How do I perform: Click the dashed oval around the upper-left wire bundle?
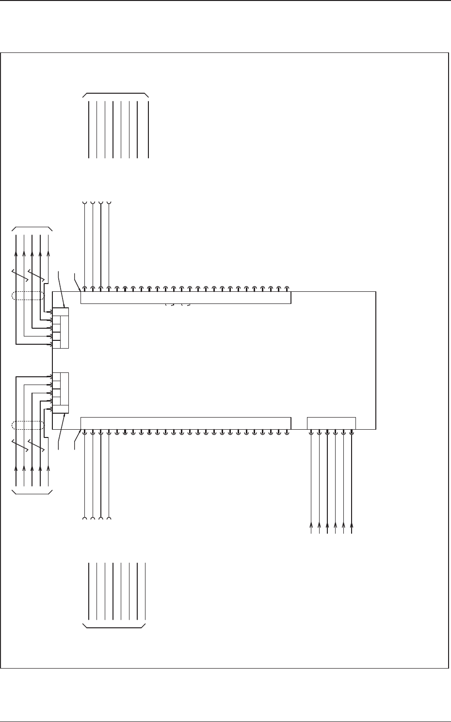(x=28, y=296)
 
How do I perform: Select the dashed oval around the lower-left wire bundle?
(x=28, y=426)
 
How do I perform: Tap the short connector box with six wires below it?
(x=332, y=423)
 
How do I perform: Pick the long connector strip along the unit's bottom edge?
(x=185, y=423)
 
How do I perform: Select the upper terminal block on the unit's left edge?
(x=61, y=328)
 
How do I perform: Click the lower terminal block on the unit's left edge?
(x=61, y=393)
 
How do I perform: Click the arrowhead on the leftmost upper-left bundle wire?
(x=16, y=254)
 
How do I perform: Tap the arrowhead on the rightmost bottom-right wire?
(x=352, y=525)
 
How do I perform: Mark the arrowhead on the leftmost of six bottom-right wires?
(x=311, y=525)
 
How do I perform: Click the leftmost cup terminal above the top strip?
(x=84, y=202)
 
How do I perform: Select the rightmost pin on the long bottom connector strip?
(x=287, y=432)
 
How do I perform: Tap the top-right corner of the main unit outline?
(x=376, y=292)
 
